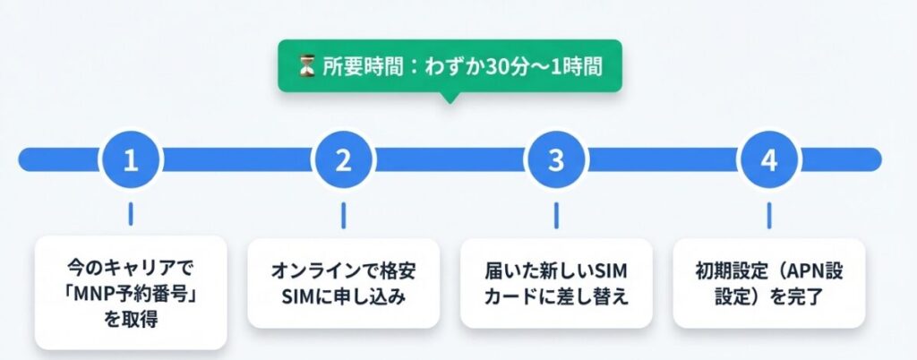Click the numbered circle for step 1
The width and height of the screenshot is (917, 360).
coord(131,159)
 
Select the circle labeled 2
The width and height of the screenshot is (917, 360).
coord(343,159)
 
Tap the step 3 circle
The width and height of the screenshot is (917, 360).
coord(556,159)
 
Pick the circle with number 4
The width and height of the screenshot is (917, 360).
coord(768,159)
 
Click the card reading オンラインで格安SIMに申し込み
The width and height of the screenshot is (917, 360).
coord(343,283)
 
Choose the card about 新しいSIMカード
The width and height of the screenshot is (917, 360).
coord(556,283)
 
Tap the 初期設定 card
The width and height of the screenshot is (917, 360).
coord(768,283)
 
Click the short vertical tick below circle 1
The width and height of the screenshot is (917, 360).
coord(131,214)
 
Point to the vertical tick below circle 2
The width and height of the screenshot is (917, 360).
coord(343,214)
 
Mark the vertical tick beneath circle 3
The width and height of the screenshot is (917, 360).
coord(556,214)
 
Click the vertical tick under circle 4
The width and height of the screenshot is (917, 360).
coord(768,214)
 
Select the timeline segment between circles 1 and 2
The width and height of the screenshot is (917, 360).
coord(237,159)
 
